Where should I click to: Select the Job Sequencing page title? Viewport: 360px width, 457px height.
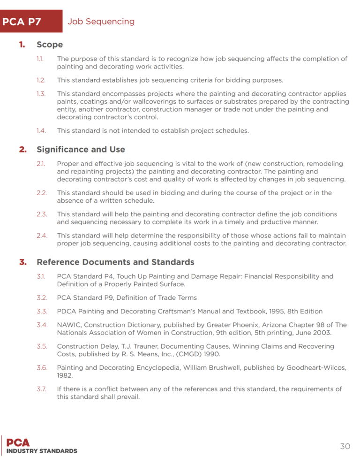[x=101, y=22]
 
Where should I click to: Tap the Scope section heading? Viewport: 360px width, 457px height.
[x=50, y=45]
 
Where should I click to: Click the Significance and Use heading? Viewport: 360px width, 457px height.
[x=81, y=150]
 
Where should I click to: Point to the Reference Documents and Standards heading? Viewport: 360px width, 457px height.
[x=115, y=262]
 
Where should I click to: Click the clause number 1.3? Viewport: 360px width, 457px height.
[x=41, y=94]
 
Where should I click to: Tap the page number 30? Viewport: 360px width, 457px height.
[x=345, y=446]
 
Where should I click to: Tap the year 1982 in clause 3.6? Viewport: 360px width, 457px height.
[x=65, y=375]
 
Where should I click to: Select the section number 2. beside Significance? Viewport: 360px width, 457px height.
[x=22, y=150]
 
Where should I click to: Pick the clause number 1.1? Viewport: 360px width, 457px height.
[x=40, y=59]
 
